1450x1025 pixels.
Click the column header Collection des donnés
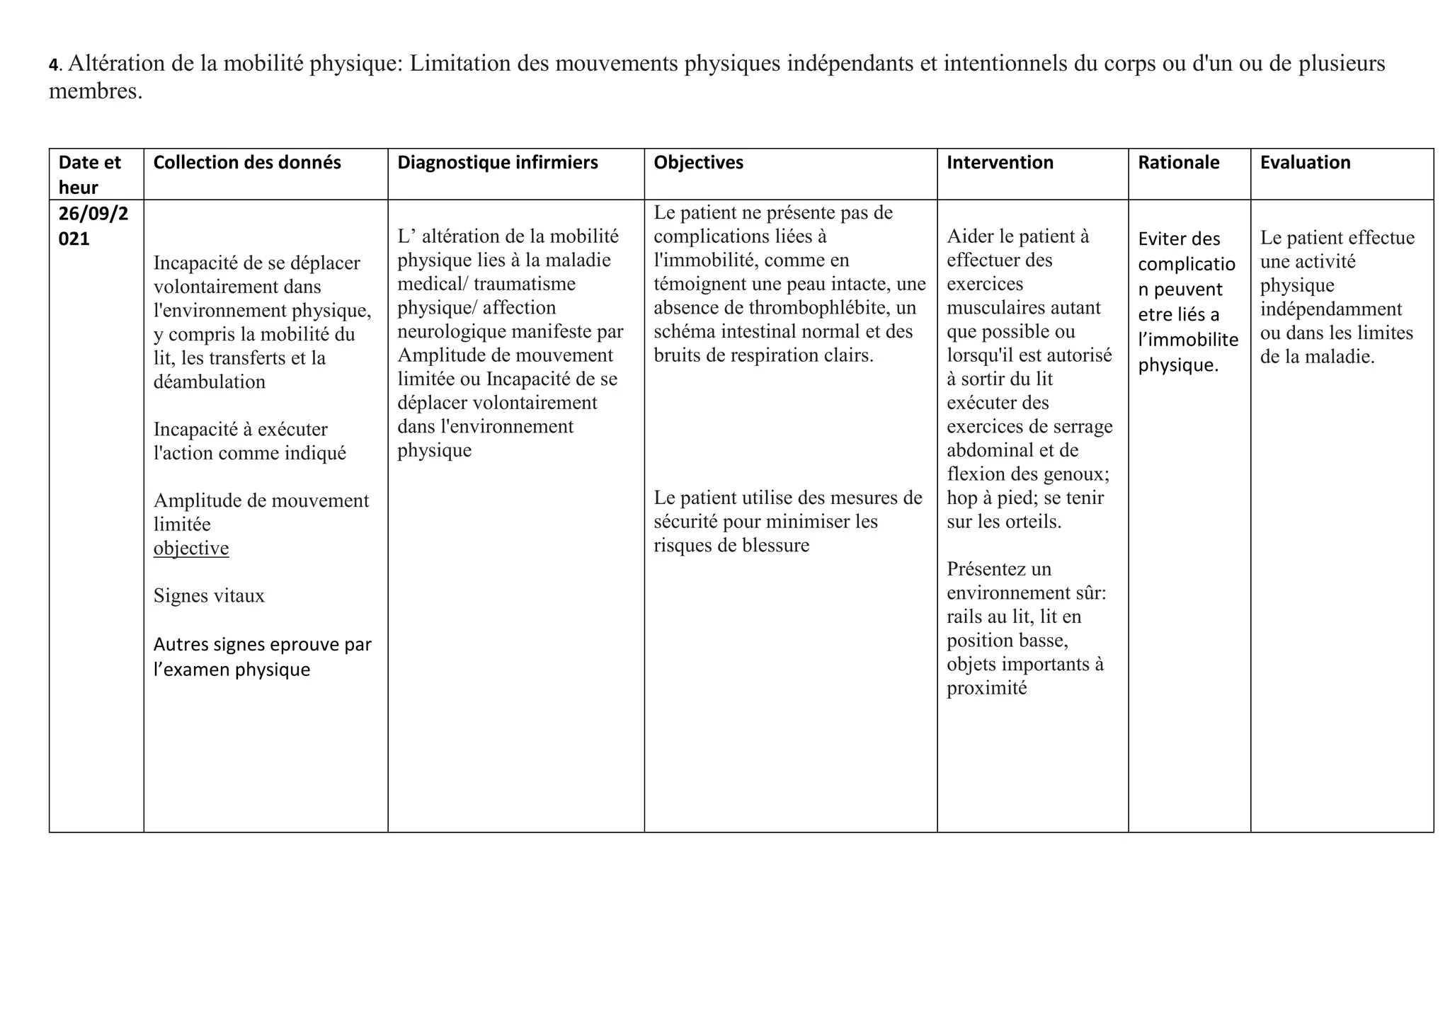[x=246, y=163]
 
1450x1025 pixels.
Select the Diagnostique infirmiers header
[x=497, y=163]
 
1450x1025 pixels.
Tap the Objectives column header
[x=698, y=163]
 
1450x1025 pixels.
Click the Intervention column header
[x=1000, y=163]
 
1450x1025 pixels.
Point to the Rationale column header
[x=1178, y=163]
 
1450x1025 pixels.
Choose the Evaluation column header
[x=1305, y=163]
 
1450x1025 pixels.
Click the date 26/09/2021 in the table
[x=93, y=226]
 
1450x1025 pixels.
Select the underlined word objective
[x=191, y=549]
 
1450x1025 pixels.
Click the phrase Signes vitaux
[x=209, y=596]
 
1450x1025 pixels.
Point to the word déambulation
[x=210, y=382]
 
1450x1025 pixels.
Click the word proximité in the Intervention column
[x=986, y=688]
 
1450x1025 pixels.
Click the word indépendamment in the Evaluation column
[x=1330, y=309]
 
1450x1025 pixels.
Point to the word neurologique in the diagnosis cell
[x=452, y=331]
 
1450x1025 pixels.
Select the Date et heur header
[x=89, y=174]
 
